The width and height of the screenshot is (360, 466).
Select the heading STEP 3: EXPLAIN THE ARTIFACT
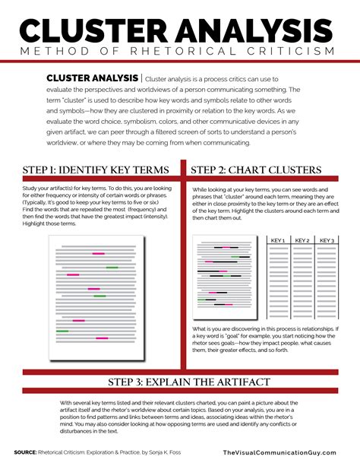(x=179, y=381)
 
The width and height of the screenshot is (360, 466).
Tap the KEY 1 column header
(x=278, y=240)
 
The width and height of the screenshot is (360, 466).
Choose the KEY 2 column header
(x=302, y=240)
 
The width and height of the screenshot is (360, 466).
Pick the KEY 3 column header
(x=327, y=240)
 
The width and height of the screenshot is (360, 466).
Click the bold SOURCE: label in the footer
(x=28, y=452)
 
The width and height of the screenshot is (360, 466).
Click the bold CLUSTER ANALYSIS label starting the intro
(x=93, y=78)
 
